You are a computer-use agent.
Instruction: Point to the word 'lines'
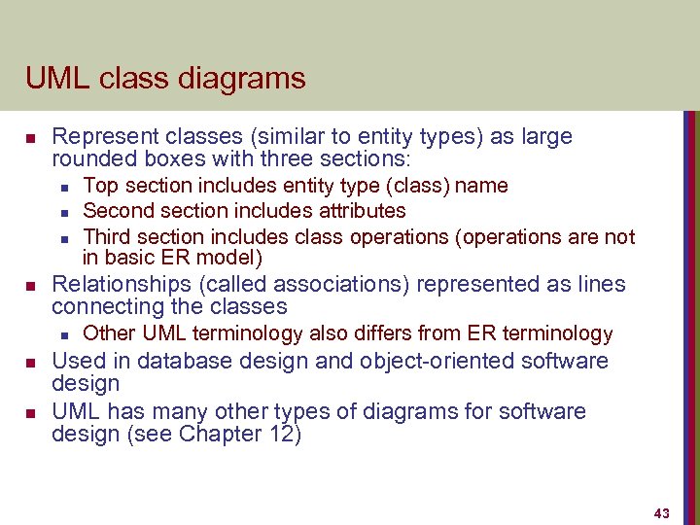(598, 284)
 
